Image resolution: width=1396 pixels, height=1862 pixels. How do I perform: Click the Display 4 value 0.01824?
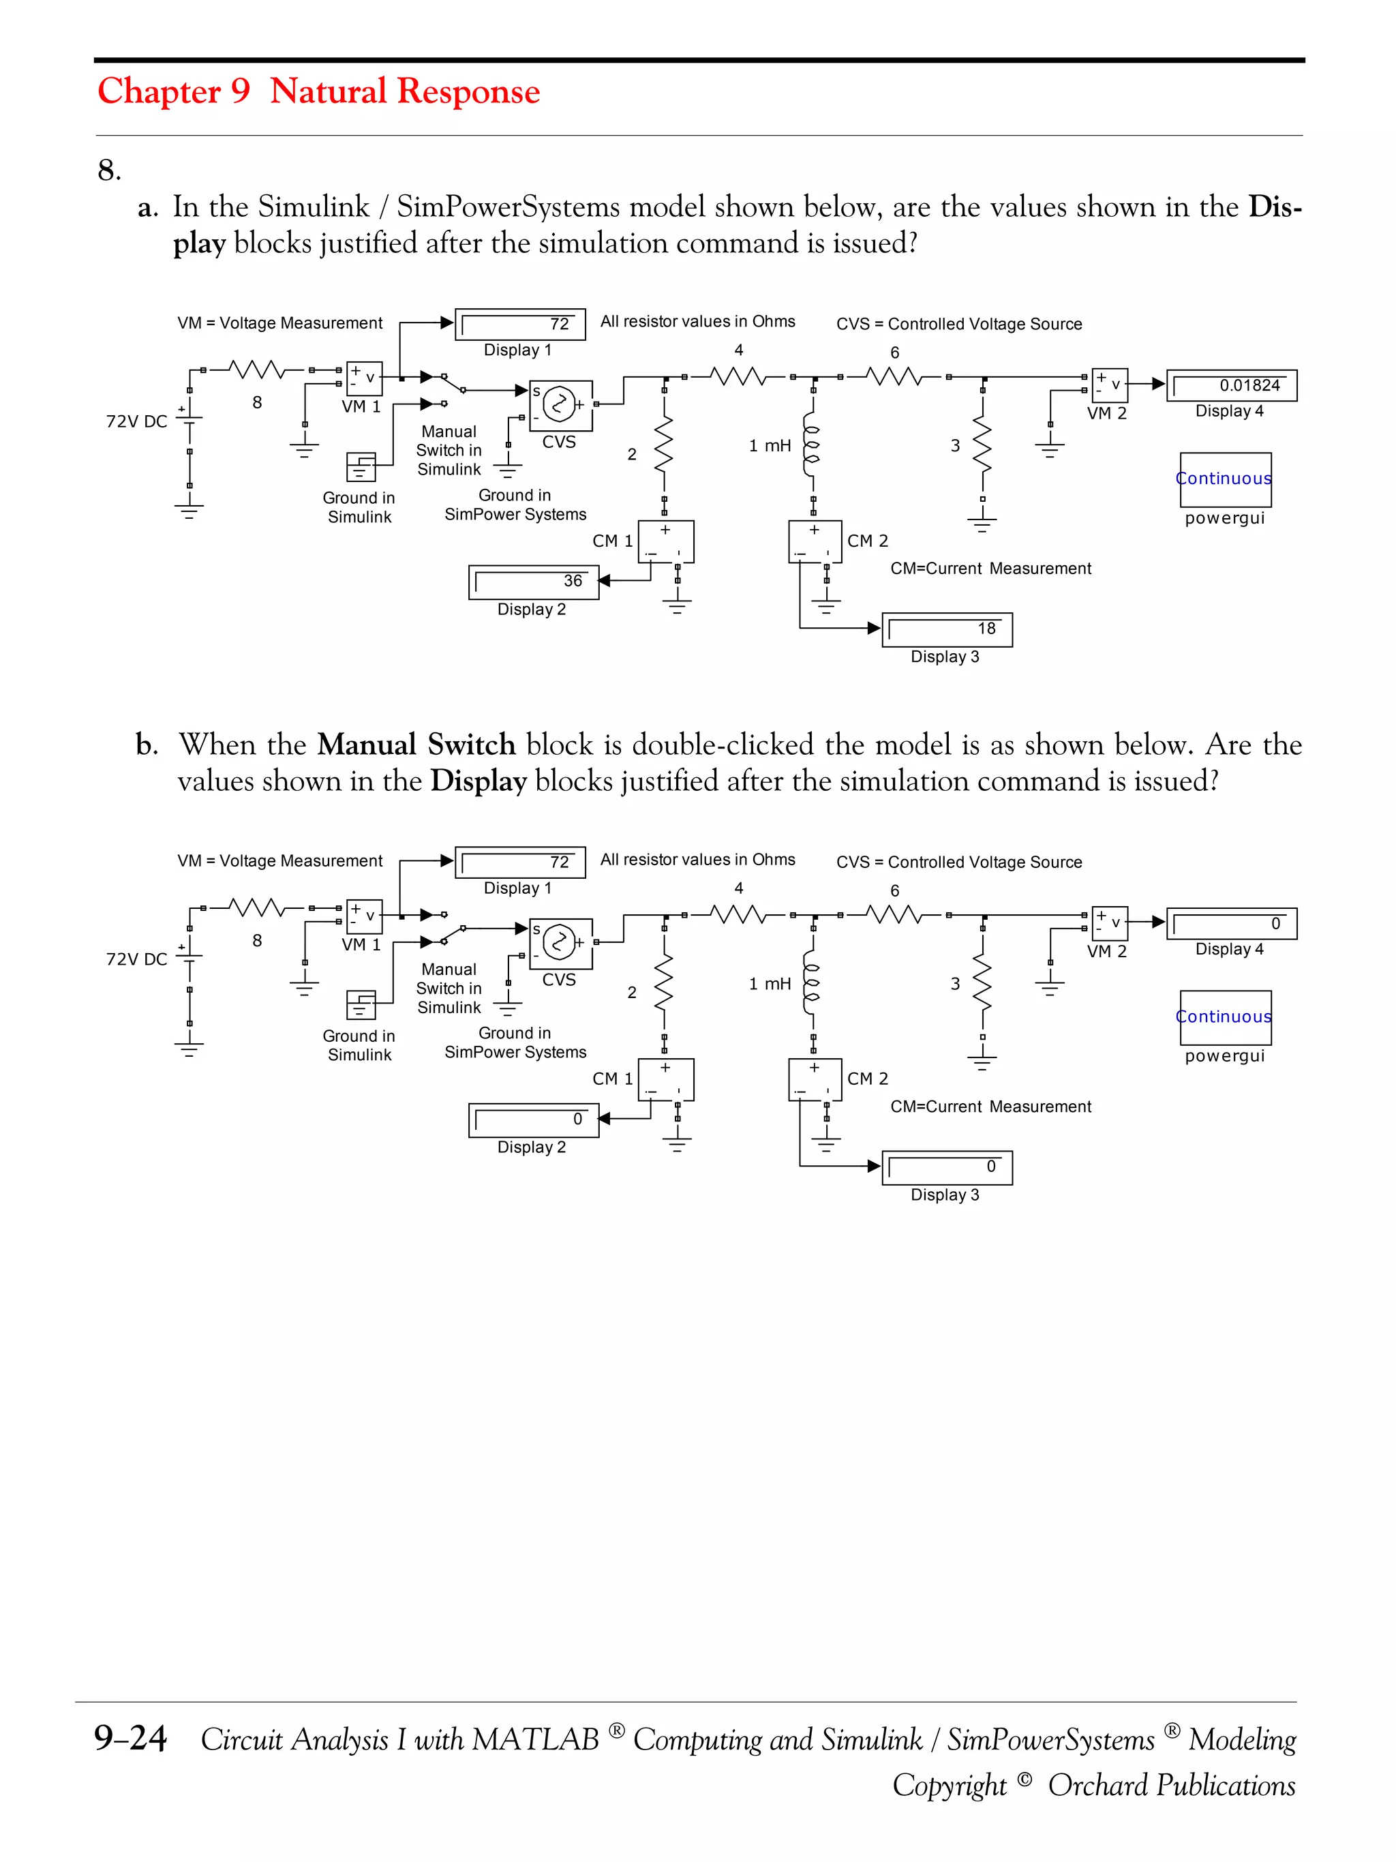1249,385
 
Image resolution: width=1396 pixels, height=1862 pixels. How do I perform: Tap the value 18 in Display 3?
986,629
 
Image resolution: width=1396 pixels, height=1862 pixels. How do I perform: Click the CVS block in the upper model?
560,405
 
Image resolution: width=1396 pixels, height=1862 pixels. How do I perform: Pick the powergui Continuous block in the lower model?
1225,1017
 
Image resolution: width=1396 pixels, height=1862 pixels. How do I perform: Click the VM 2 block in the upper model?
1109,385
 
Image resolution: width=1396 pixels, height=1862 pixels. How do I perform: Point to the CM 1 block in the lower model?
665,1080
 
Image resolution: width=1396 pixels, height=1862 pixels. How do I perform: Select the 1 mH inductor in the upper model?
810,445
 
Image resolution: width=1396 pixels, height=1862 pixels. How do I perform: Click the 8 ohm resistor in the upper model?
256,370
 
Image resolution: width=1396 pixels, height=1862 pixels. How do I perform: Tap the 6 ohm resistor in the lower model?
894,915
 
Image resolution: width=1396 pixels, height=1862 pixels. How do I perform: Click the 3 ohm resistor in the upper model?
982,445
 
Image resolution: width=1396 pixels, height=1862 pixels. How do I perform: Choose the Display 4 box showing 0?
1231,923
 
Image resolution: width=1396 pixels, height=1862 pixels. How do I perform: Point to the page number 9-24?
130,1739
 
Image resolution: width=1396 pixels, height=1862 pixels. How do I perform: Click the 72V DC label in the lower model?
136,959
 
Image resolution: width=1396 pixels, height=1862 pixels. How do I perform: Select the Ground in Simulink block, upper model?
360,466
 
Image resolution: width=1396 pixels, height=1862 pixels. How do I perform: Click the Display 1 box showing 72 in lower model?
520,862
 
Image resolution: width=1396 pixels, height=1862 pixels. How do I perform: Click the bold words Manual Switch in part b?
416,745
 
